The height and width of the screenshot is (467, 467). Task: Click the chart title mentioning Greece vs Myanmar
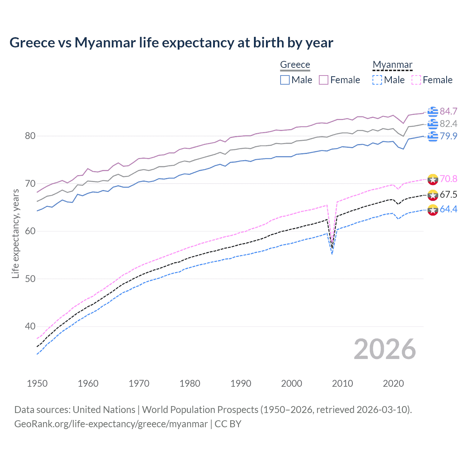171,43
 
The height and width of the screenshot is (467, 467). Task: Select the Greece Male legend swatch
285,80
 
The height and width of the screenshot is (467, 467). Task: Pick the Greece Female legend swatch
324,80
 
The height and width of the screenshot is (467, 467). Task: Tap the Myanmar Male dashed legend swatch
377,80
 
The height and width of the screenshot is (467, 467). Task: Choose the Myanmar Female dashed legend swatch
416,80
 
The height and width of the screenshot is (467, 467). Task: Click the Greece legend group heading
295,65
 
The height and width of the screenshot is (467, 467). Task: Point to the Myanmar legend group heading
392,65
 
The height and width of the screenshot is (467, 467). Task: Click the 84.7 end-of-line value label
448,111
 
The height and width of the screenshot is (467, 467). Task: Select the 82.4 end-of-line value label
448,124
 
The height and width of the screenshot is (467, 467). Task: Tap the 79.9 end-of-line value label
448,136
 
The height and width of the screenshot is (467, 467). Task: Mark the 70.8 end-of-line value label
448,179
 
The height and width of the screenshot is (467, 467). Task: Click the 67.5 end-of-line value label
448,194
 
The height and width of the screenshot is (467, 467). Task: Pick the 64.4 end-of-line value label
448,209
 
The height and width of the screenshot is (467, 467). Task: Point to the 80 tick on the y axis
30,136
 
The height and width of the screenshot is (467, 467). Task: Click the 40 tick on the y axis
30,326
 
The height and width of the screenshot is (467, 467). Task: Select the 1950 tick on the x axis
37,383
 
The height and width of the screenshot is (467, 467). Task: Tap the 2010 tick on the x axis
342,383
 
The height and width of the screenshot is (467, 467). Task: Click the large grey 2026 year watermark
385,349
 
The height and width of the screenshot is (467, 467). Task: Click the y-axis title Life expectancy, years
15,233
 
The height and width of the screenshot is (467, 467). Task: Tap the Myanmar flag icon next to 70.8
433,180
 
